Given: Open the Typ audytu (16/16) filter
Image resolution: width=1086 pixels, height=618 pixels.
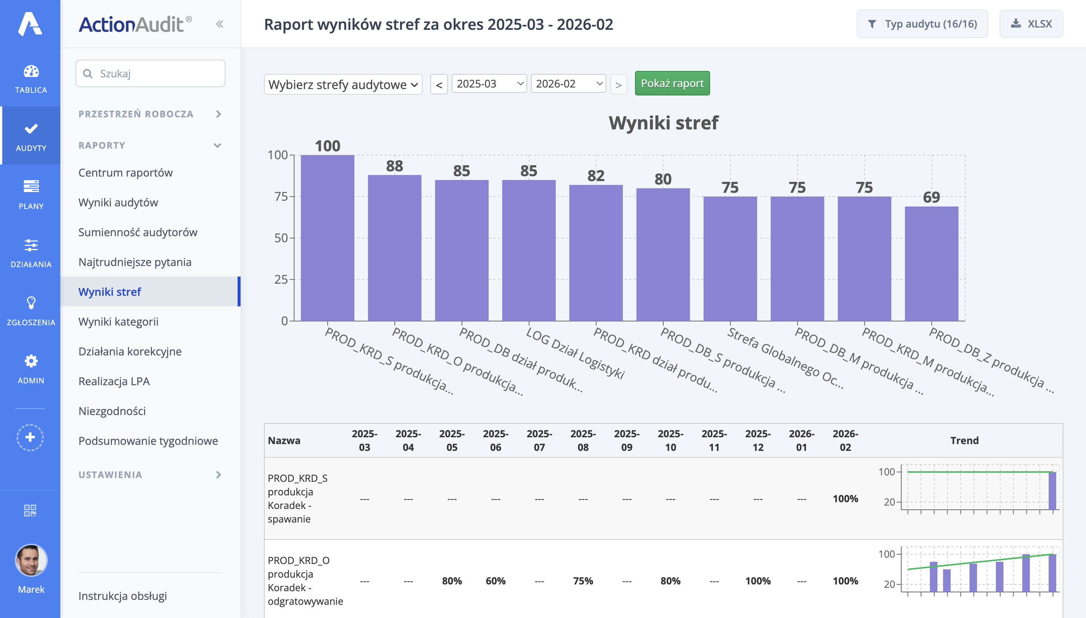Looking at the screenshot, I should pyautogui.click(x=922, y=24).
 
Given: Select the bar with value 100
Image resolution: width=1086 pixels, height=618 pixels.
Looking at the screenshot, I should pyautogui.click(x=327, y=238).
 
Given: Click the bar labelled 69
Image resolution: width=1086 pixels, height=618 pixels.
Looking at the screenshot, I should pyautogui.click(x=931, y=263).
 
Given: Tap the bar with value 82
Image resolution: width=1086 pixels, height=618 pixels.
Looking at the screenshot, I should pyautogui.click(x=596, y=252).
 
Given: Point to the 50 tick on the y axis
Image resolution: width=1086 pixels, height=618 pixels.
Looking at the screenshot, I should pyautogui.click(x=281, y=238).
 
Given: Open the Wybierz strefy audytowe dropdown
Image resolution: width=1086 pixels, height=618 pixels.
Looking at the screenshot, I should pyautogui.click(x=343, y=84).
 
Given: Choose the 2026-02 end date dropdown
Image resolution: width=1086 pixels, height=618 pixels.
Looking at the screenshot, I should pyautogui.click(x=568, y=84).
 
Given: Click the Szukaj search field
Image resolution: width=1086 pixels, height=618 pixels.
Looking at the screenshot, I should pyautogui.click(x=150, y=74).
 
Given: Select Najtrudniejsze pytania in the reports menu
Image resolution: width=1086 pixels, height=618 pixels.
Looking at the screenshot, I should pyautogui.click(x=135, y=262).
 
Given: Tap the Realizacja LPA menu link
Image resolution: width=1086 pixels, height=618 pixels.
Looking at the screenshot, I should pyautogui.click(x=114, y=381).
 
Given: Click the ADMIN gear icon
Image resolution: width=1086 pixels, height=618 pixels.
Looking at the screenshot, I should pyautogui.click(x=31, y=361).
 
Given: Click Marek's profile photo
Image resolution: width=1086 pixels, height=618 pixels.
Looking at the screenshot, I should pyautogui.click(x=31, y=560).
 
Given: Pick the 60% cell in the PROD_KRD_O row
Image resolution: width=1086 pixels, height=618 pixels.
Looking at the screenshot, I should pyautogui.click(x=495, y=581).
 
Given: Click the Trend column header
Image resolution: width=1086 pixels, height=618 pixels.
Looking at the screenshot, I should pyautogui.click(x=964, y=440).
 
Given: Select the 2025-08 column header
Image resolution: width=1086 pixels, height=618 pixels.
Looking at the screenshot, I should pyautogui.click(x=583, y=440).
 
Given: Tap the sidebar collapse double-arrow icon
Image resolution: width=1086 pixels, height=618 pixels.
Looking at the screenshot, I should pyautogui.click(x=219, y=24).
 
